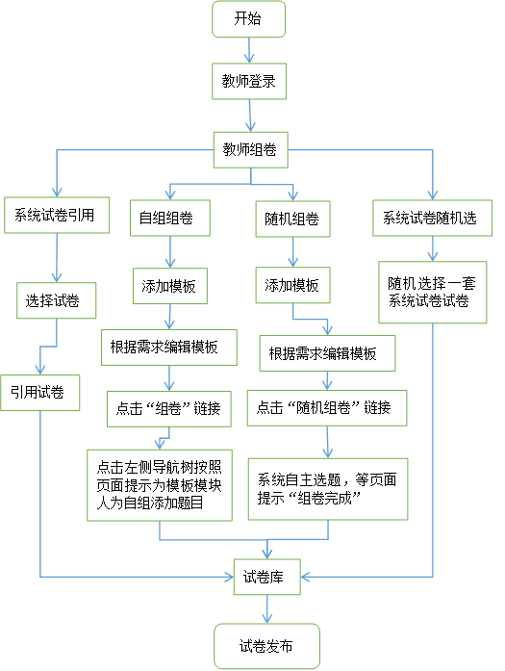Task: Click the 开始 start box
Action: point(248,19)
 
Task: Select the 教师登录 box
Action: point(249,81)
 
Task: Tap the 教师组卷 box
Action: point(250,150)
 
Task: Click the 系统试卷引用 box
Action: point(57,215)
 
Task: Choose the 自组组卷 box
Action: point(169,218)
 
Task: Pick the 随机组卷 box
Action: point(292,219)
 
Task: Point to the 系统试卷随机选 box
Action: point(432,218)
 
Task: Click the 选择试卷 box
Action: point(56,300)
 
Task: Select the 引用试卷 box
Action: point(39,393)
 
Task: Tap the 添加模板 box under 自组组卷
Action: point(169,286)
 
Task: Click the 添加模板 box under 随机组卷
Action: point(292,285)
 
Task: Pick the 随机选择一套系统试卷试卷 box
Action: point(432,292)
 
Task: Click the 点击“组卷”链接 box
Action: point(169,409)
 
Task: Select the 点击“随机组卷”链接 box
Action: point(327,408)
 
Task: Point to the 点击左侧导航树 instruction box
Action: point(160,485)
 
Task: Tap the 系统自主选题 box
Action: point(328,489)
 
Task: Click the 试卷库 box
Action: point(266,577)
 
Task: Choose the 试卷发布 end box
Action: point(266,646)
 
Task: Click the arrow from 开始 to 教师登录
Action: point(249,50)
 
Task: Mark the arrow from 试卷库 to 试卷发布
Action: point(266,609)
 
